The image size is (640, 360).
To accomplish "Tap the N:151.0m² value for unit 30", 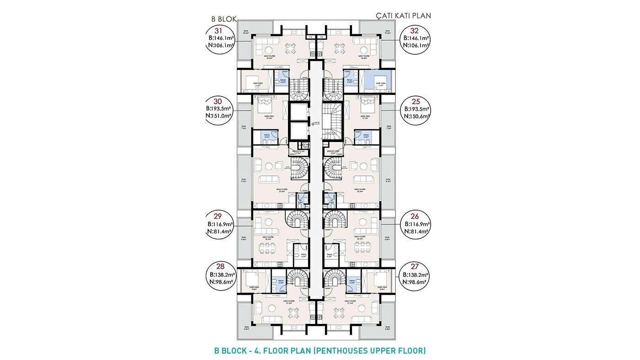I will coord(221,116).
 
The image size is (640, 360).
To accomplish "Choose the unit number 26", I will coord(415,216).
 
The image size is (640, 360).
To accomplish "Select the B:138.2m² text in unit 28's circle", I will coord(222,275).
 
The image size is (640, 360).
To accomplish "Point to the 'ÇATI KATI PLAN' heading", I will coord(403,16).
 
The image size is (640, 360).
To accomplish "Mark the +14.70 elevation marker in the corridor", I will coord(315,123).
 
